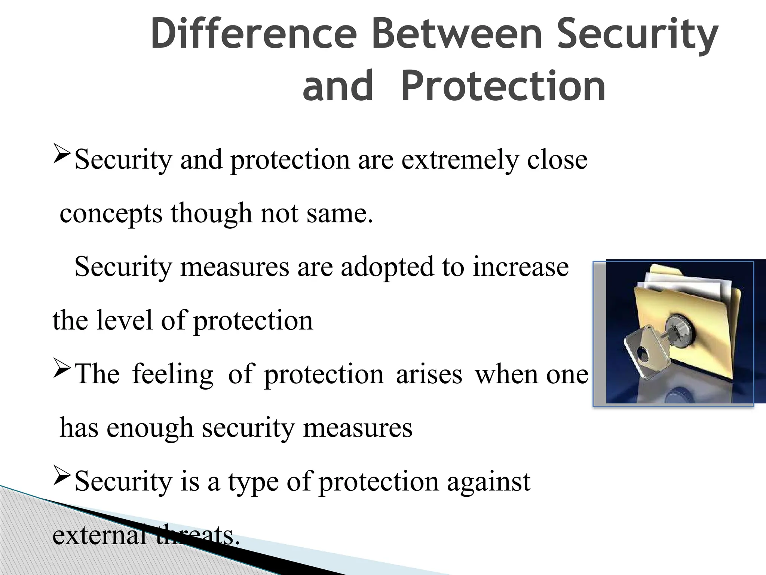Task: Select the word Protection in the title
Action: (x=503, y=86)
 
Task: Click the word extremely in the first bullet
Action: (x=460, y=160)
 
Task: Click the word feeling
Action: (x=172, y=374)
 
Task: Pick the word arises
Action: (x=429, y=374)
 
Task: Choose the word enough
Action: (x=150, y=428)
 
